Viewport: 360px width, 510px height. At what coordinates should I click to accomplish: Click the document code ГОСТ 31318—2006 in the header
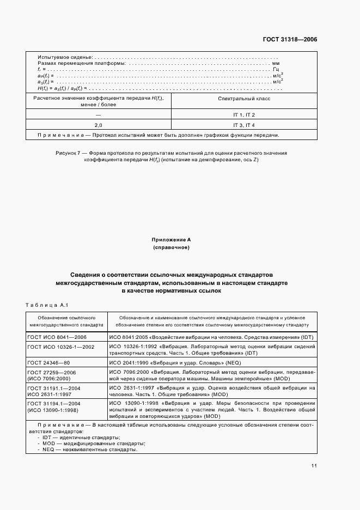click(291, 39)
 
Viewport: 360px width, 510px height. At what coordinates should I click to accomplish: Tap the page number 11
click(314, 465)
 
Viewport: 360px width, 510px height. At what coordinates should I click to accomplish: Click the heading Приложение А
click(171, 239)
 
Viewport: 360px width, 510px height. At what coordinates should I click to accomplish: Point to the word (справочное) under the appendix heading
click(171, 247)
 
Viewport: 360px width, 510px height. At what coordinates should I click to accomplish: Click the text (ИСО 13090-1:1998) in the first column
click(53, 409)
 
